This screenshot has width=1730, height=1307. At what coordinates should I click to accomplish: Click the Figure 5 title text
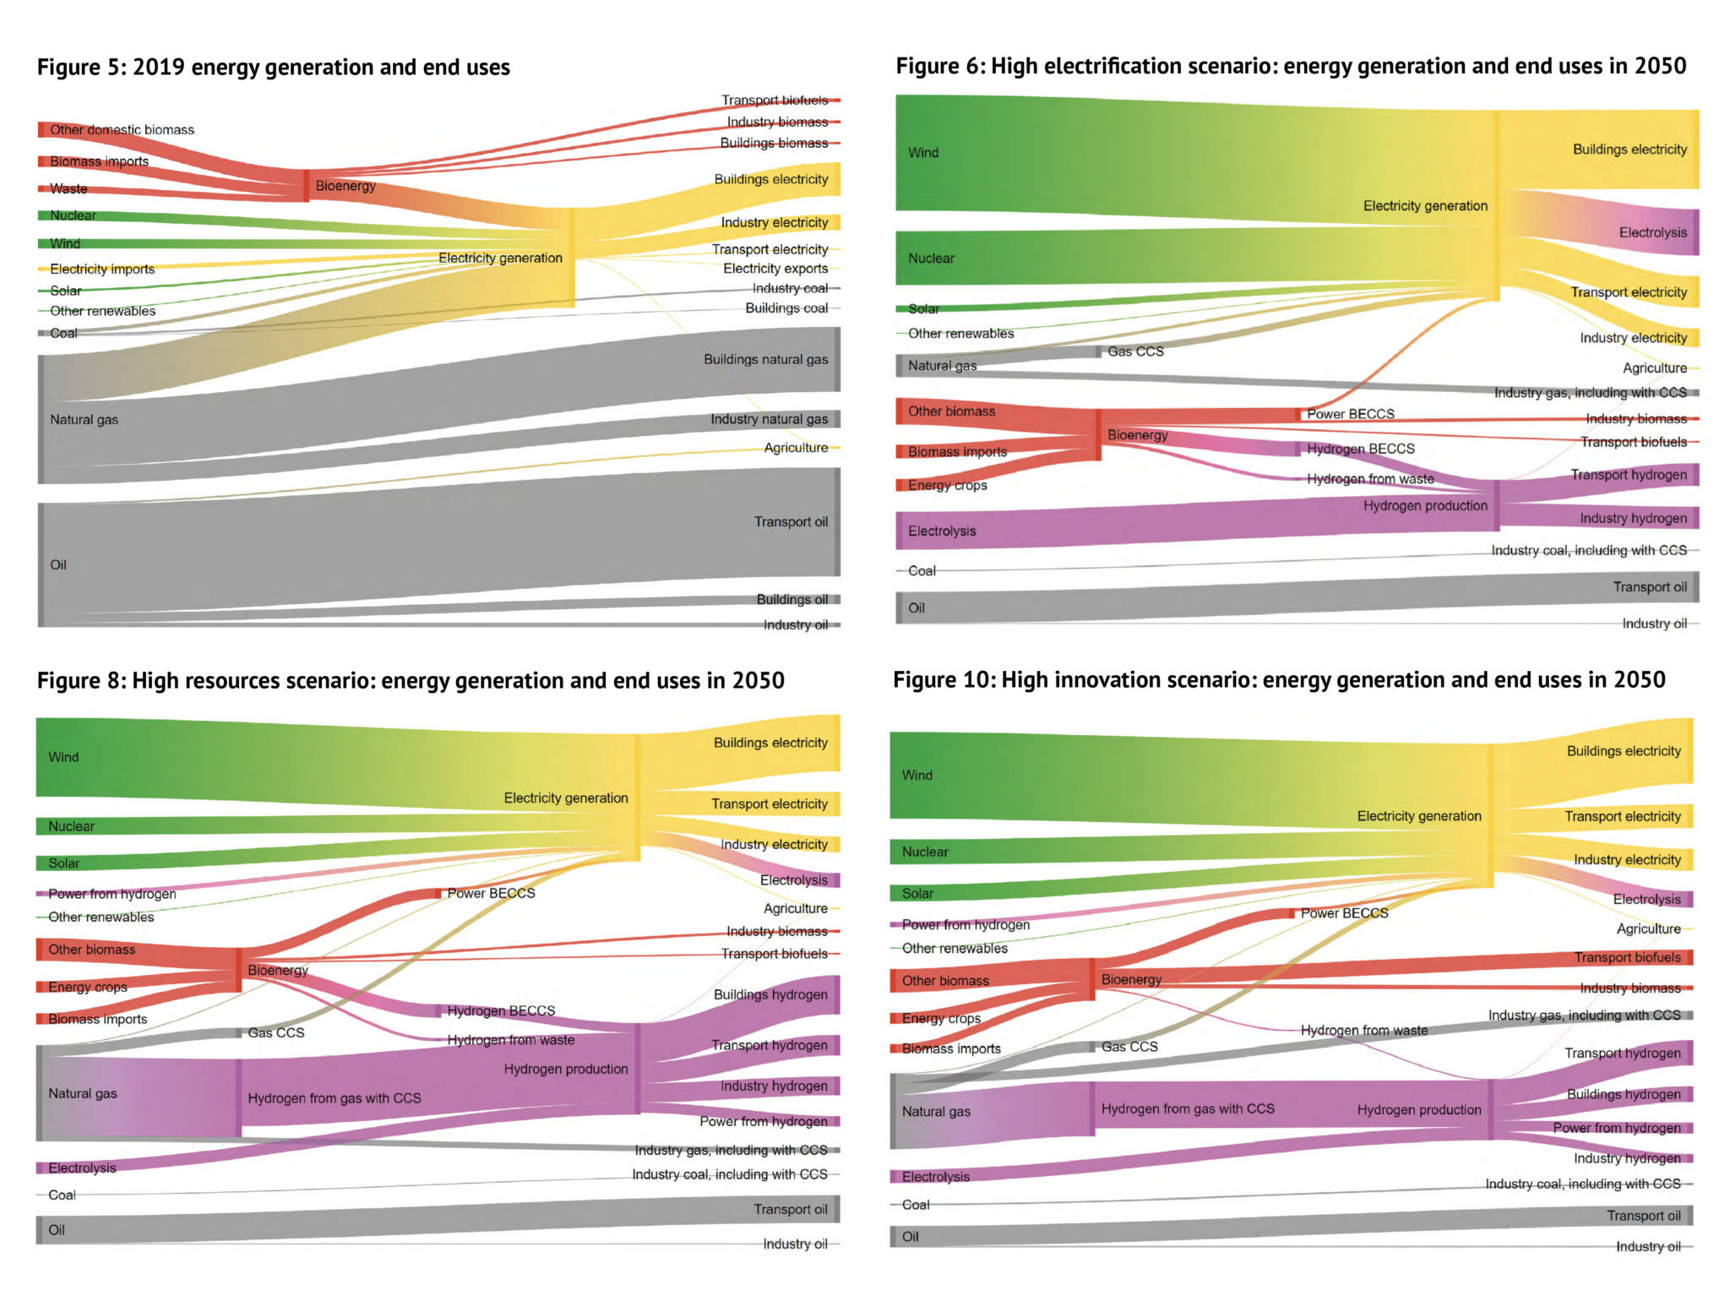[273, 68]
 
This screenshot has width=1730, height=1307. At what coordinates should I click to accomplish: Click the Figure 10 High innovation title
[1279, 680]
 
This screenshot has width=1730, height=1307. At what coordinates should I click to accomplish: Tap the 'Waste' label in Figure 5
[68, 189]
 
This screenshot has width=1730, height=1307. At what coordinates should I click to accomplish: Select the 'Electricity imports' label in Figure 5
[102, 270]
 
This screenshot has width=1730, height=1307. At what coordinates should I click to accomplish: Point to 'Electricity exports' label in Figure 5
[775, 269]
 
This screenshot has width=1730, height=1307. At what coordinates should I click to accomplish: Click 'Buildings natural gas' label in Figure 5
[765, 360]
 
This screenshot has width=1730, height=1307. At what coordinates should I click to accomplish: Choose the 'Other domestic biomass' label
[122, 130]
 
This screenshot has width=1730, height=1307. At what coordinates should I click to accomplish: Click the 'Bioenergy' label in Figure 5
[345, 186]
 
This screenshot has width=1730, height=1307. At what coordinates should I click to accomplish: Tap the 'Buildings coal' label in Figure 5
[786, 308]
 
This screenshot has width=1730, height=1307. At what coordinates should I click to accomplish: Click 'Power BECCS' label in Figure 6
[1350, 414]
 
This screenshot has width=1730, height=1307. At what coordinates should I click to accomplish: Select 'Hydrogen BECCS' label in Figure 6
[1360, 449]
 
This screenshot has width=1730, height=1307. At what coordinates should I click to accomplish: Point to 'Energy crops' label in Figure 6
[947, 486]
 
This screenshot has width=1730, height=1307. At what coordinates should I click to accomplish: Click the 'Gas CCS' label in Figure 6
[1135, 351]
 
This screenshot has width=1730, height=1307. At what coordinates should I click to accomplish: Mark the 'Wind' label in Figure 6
[923, 153]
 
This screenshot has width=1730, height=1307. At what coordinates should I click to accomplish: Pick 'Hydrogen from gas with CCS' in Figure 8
[335, 1098]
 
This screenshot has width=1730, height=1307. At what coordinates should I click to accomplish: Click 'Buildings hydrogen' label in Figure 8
[770, 995]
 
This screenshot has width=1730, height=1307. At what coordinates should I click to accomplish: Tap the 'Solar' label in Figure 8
[64, 863]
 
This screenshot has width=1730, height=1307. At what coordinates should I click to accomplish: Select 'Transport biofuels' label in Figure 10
[1627, 957]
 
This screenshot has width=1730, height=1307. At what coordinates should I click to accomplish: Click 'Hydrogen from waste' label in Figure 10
[1363, 1031]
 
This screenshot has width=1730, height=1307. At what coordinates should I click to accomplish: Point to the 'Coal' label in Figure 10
[916, 1205]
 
